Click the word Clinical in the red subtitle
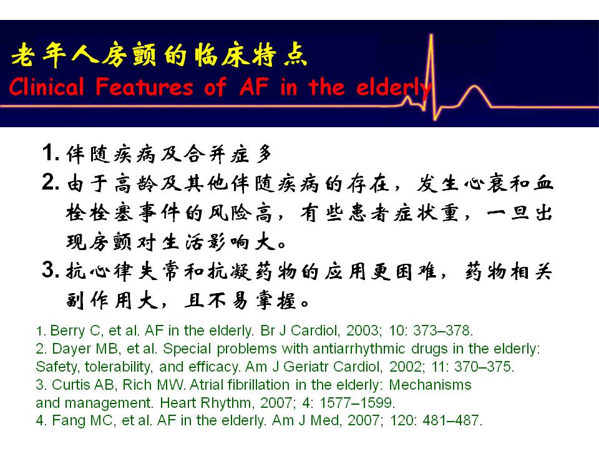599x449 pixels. pos(46,87)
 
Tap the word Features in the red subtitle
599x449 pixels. pos(144,87)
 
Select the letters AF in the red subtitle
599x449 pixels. pos(254,86)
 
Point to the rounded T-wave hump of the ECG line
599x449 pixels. pos(474,87)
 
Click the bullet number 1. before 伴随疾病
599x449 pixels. pos(51,153)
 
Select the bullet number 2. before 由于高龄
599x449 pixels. pos(51,182)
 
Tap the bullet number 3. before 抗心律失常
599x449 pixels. pos(51,269)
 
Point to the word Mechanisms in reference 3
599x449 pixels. pos(430,385)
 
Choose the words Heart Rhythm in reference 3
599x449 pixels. pos(205,402)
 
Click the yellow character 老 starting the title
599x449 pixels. pos(24,56)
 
